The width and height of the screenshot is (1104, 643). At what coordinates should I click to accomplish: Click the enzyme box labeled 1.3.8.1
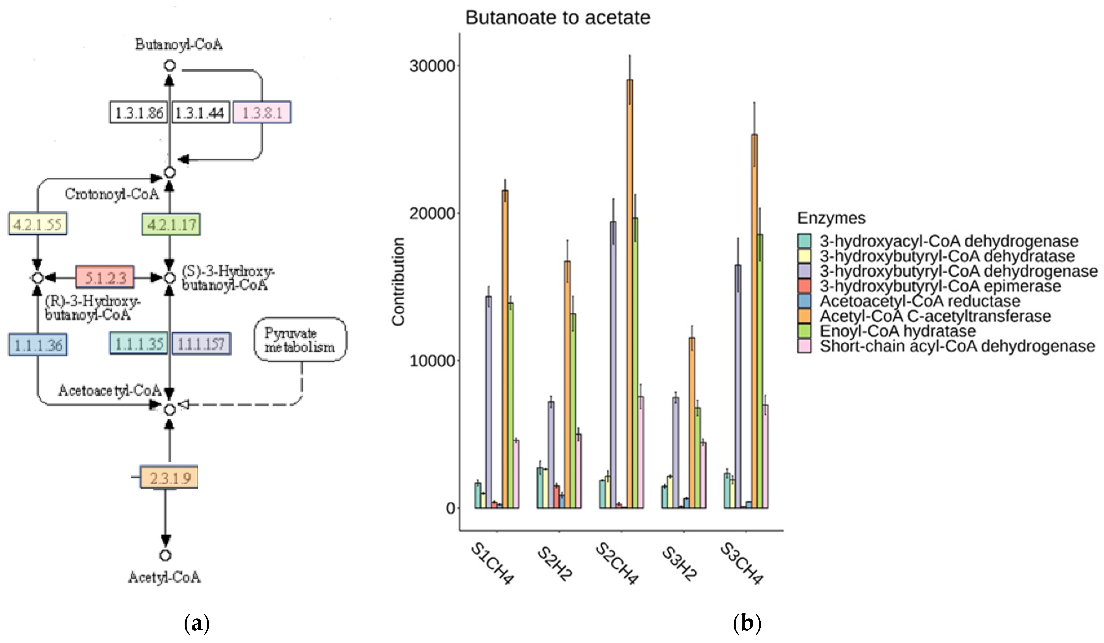click(262, 113)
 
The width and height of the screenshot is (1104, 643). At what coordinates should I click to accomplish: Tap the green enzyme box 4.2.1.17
click(171, 224)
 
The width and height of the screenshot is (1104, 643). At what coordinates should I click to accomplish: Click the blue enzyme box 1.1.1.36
click(38, 345)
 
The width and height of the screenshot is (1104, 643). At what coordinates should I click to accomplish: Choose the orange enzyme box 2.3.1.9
click(169, 477)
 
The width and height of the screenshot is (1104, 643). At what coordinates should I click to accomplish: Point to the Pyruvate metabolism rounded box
click(300, 340)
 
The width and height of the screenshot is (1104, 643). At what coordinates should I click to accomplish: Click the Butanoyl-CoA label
click(178, 44)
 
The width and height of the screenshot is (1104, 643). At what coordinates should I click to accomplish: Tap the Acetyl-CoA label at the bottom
click(164, 577)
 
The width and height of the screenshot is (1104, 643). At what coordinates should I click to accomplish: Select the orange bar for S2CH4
click(630, 294)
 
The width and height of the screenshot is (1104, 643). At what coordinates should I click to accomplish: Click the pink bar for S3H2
click(703, 475)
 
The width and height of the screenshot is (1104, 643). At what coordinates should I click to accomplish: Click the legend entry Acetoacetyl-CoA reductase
click(920, 301)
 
